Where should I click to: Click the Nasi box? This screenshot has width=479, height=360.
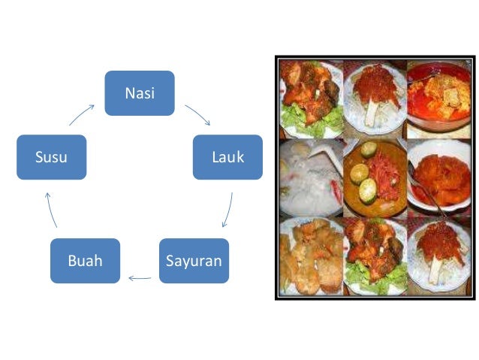(139, 93)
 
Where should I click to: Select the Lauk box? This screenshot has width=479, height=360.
(227, 157)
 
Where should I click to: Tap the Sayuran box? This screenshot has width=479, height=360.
(194, 261)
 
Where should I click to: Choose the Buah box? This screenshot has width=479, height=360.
(85, 261)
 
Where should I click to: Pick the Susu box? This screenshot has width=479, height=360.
(51, 157)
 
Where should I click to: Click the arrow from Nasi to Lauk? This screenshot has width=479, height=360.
(197, 115)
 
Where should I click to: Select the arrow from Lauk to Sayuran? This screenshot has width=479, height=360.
(227, 210)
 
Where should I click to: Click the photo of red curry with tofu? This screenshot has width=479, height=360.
(438, 98)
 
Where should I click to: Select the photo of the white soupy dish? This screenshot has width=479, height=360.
(310, 177)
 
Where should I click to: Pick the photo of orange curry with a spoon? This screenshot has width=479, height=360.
(438, 177)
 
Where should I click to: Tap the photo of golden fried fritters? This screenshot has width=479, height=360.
(310, 256)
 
